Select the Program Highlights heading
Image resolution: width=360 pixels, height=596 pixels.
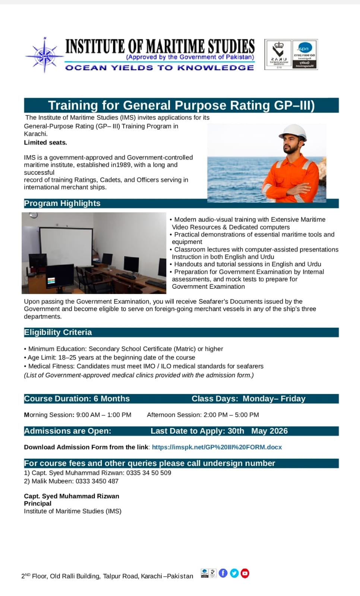(x=62, y=203)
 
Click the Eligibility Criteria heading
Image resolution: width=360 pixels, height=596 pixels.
(x=58, y=332)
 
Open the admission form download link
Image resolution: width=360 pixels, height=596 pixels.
(x=217, y=447)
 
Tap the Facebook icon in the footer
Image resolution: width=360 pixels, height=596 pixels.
(x=223, y=573)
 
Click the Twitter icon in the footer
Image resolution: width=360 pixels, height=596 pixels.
(x=234, y=573)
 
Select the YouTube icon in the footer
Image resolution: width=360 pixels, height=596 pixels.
(x=245, y=573)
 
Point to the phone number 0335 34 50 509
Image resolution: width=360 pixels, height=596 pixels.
(x=149, y=473)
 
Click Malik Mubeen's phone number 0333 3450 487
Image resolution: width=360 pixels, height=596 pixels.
(x=97, y=481)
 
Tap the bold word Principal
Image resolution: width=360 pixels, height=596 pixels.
(x=38, y=503)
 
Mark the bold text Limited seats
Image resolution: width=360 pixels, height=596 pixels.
(x=45, y=142)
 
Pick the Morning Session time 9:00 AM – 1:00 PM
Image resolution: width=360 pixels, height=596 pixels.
(x=104, y=415)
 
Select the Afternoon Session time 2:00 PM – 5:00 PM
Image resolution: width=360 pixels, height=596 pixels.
(x=231, y=415)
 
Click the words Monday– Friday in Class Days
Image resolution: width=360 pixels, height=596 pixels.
(x=274, y=399)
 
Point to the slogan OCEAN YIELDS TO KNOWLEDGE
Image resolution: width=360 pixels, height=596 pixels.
(x=160, y=67)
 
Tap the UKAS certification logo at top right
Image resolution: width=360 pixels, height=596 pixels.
(x=278, y=54)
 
